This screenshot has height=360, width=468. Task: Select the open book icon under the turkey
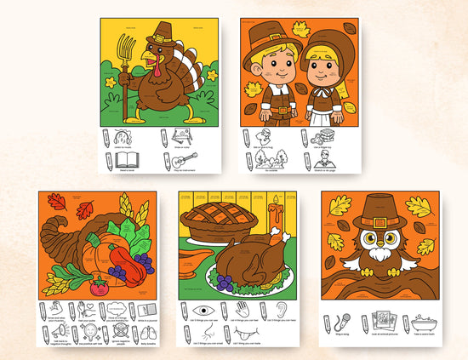click(128, 158)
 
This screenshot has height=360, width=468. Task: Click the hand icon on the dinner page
click(244, 310)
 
